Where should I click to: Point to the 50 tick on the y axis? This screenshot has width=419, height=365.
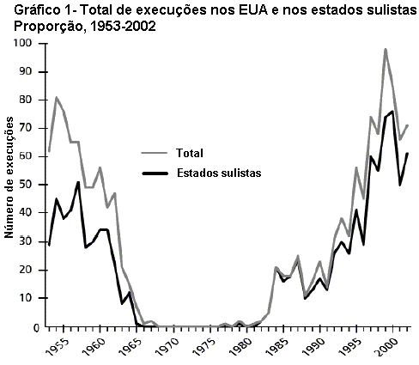pyautogui.click(x=33, y=185)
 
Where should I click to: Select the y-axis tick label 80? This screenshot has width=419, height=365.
pyautogui.click(x=33, y=100)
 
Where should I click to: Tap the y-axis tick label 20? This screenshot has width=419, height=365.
pyautogui.click(x=33, y=270)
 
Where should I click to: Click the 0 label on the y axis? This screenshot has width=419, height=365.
pyautogui.click(x=36, y=326)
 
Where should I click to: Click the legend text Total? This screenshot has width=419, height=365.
pyautogui.click(x=189, y=155)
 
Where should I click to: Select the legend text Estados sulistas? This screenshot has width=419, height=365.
pyautogui.click(x=219, y=173)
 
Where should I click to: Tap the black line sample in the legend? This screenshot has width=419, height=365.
pyautogui.click(x=155, y=173)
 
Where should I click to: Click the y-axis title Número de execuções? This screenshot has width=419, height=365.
pyautogui.click(x=11, y=184)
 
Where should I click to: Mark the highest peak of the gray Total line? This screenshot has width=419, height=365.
pyautogui.click(x=386, y=50)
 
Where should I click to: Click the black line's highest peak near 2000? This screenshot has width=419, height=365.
pyautogui.click(x=392, y=112)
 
